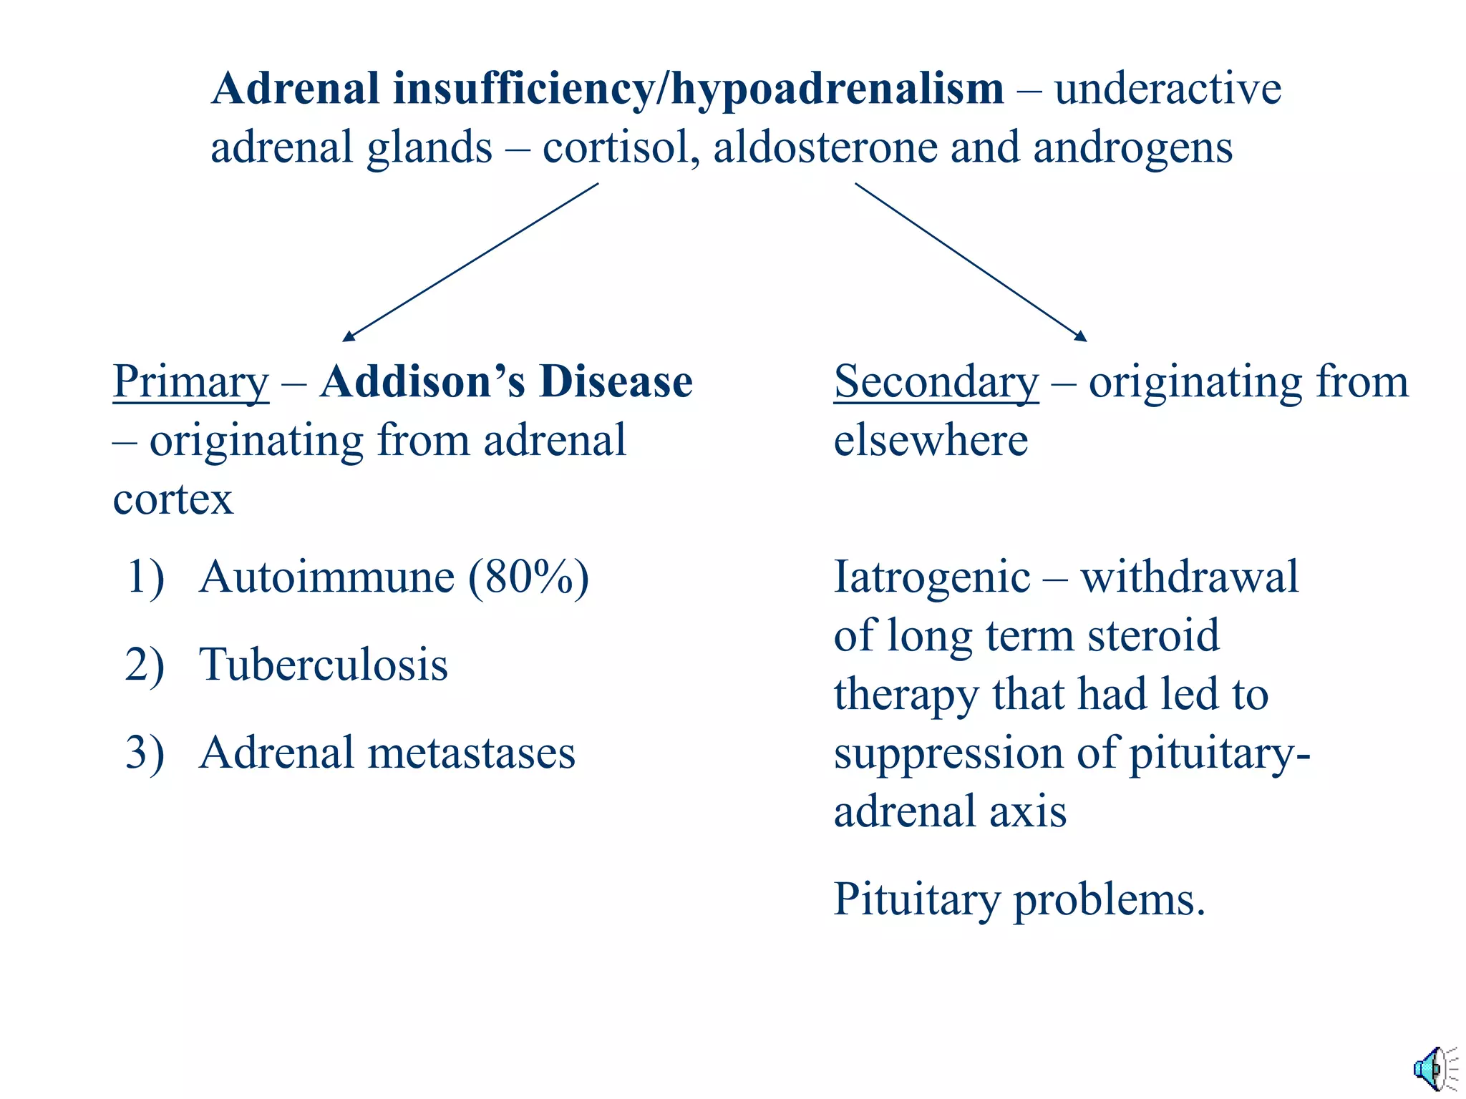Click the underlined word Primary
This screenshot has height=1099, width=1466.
[191, 381]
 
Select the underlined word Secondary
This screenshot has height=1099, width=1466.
[936, 381]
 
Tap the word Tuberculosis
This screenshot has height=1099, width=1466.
[324, 665]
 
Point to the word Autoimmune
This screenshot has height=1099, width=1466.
[327, 577]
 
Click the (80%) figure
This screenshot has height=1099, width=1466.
[528, 577]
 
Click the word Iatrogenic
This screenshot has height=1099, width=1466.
[932, 577]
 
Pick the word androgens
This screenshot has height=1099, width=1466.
[1132, 147]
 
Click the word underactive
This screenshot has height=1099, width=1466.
[1168, 89]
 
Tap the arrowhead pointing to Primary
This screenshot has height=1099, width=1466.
[348, 336]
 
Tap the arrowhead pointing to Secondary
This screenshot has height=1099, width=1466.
[1082, 336]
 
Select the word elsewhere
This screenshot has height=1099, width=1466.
[931, 440]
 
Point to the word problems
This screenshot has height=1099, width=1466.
[1110, 899]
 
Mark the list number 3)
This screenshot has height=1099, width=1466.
[145, 753]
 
